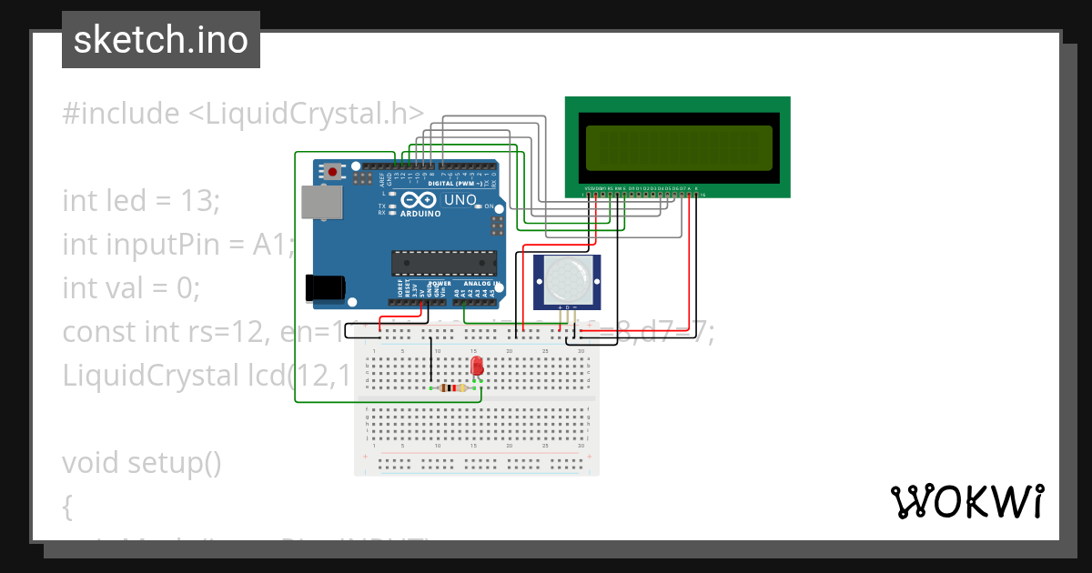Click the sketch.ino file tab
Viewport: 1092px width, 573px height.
[161, 40]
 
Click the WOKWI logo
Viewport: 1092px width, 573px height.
[966, 501]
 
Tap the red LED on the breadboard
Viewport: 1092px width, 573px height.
[477, 366]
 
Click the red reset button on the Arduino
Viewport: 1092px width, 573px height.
[333, 171]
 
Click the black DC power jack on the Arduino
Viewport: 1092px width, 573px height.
[325, 287]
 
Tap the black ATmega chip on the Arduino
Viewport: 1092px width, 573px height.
[444, 262]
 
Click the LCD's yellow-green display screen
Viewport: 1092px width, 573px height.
[678, 146]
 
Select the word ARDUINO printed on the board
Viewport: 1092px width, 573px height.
[420, 214]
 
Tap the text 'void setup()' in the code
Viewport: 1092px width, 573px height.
[141, 463]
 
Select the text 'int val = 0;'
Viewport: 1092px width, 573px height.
[130, 288]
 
